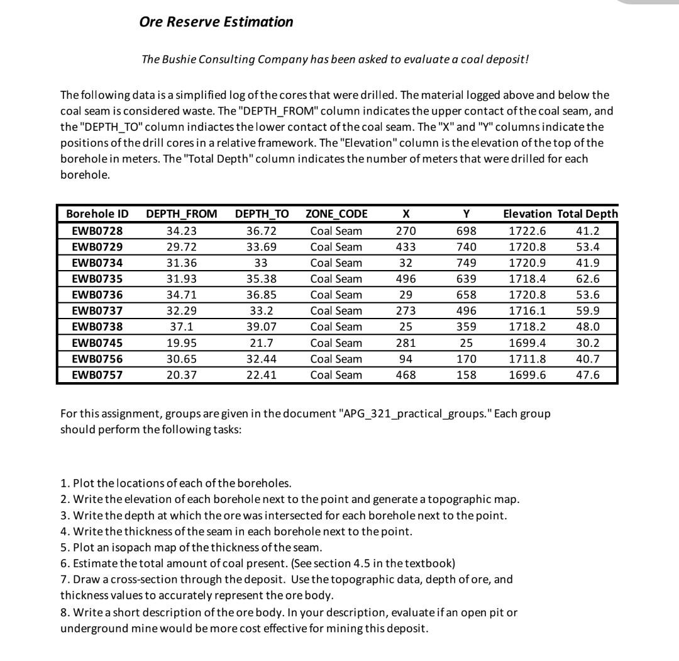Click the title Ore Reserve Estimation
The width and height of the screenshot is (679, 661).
tap(216, 22)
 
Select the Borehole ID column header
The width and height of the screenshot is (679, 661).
tap(97, 214)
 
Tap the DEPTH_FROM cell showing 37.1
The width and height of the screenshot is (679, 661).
tap(182, 327)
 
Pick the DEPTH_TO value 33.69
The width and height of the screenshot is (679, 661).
tap(262, 247)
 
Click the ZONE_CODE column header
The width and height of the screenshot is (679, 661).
tap(336, 214)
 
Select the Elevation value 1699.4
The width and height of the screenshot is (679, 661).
tap(527, 343)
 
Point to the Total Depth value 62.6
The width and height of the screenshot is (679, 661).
tap(588, 279)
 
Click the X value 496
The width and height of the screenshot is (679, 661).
tap(406, 279)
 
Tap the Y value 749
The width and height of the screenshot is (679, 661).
tap(466, 263)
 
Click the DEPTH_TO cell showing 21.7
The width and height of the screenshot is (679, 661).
tap(262, 343)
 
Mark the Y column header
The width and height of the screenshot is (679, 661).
tap(466, 214)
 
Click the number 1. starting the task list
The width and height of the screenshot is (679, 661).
tap(65, 483)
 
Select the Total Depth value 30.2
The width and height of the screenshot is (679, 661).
tap(588, 343)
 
